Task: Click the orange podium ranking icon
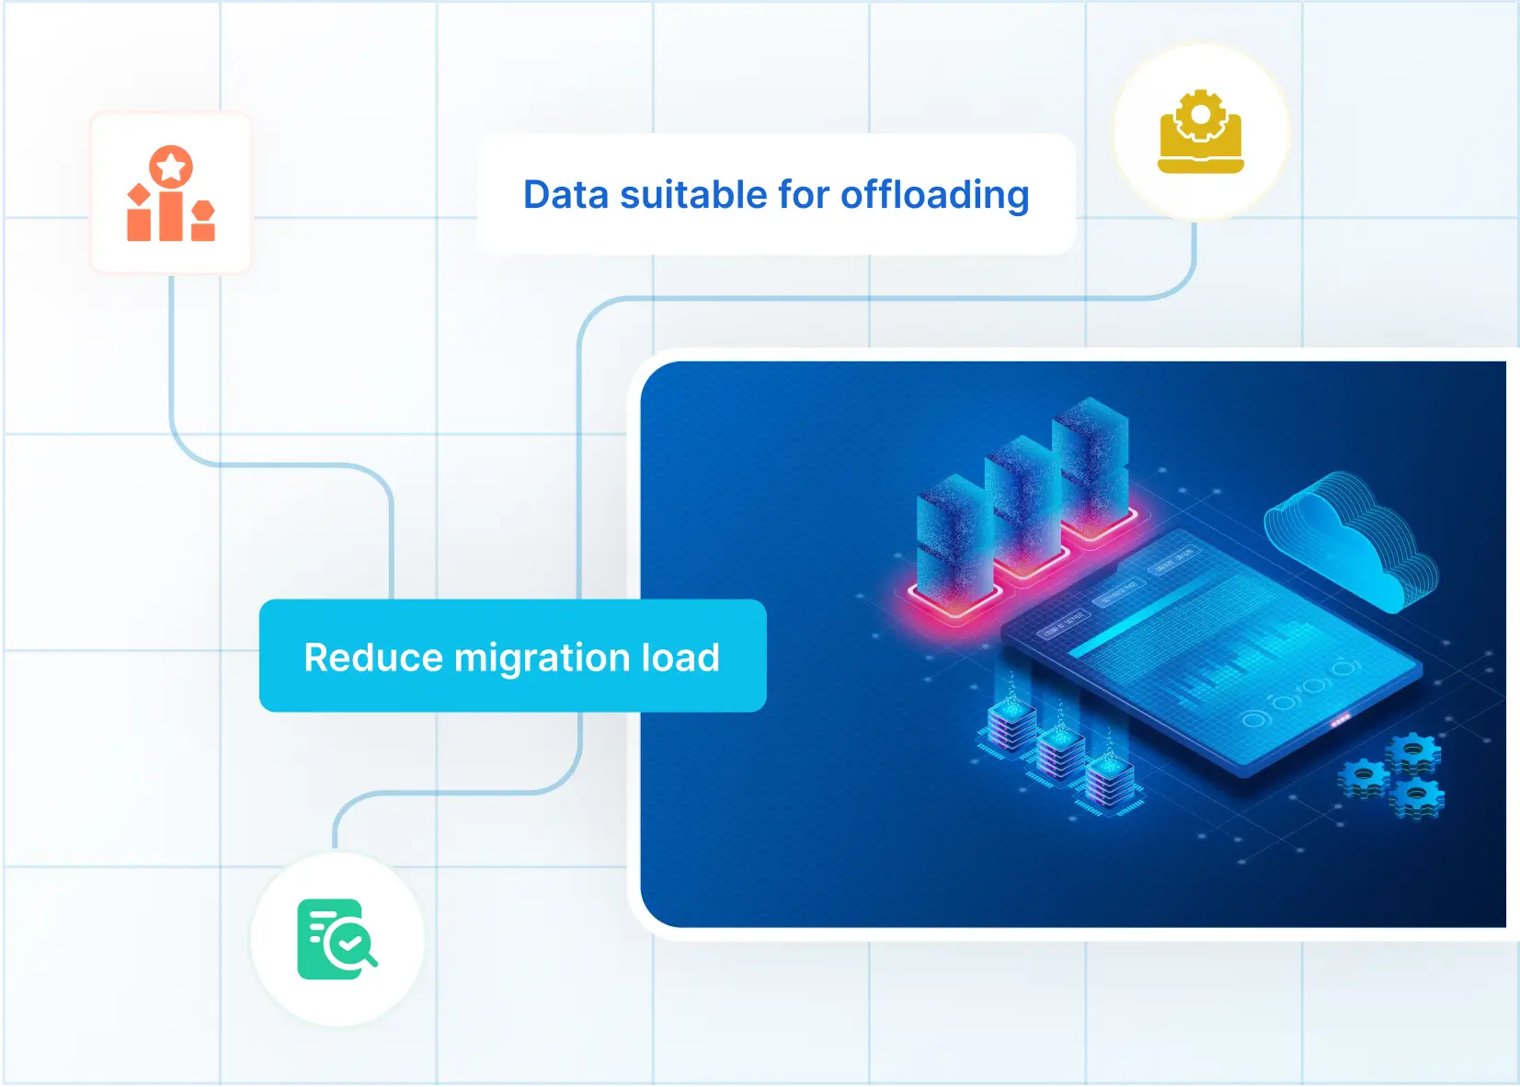point(171,193)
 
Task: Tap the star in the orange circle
point(171,166)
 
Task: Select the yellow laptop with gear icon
point(1200,132)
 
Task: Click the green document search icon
point(337,939)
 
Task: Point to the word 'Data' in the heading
point(566,195)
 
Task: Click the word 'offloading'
point(935,196)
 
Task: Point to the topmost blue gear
point(1413,754)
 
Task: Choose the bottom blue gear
point(1417,798)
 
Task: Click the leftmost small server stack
point(1011,727)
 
